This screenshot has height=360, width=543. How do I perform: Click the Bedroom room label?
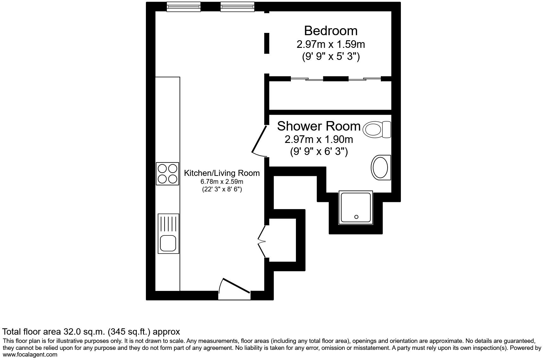click(330, 31)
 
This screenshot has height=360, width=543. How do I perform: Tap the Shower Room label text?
click(319, 126)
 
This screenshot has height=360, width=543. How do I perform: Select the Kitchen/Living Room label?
click(222, 173)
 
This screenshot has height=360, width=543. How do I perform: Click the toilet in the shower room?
click(376, 129)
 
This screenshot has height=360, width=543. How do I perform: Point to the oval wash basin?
click(380, 167)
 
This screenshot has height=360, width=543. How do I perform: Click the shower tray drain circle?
click(356, 217)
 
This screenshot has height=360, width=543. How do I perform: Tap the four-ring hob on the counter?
click(167, 173)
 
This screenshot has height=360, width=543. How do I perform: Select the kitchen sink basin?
click(168, 243)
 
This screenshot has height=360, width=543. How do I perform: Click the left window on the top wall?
click(184, 7)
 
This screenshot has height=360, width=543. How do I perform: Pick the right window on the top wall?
click(237, 7)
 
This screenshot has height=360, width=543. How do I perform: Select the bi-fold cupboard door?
click(262, 242)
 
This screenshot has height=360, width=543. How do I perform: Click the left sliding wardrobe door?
click(307, 79)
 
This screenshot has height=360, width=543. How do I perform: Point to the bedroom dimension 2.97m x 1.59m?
click(330, 44)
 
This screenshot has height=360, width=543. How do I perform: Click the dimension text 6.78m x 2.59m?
click(222, 182)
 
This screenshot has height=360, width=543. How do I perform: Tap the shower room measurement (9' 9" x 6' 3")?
click(319, 152)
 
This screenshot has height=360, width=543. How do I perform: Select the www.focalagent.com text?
click(30, 355)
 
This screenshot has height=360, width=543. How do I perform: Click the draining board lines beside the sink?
click(168, 223)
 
